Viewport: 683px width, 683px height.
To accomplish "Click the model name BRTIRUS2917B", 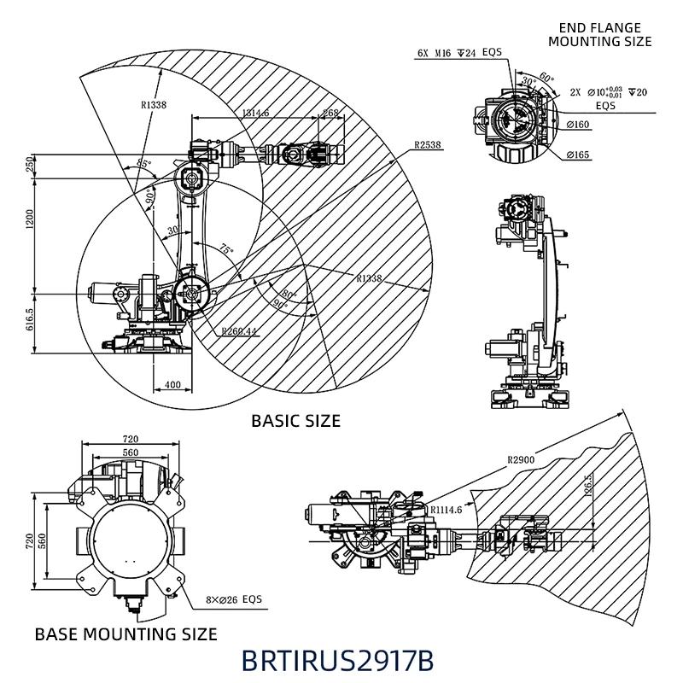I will click(337, 661).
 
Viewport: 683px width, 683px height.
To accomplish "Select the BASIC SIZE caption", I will click(295, 421).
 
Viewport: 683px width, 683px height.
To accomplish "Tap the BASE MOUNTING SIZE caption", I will click(126, 634).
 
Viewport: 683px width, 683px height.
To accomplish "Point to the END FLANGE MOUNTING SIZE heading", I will click(599, 35).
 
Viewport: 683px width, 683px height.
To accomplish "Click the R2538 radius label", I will click(427, 145).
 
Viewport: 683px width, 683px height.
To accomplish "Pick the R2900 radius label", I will click(521, 460).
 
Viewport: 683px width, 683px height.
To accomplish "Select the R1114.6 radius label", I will click(445, 510).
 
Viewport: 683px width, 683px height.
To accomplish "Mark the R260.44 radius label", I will click(237, 331).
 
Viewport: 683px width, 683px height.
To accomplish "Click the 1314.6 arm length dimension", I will click(255, 113).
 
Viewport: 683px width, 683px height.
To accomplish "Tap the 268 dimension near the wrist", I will click(330, 113).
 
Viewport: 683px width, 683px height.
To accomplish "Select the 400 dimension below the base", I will click(172, 386).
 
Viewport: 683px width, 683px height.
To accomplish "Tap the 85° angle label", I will click(143, 163).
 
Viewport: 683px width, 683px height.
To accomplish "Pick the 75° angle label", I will click(225, 250).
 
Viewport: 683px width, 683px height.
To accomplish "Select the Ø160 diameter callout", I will click(578, 126).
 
